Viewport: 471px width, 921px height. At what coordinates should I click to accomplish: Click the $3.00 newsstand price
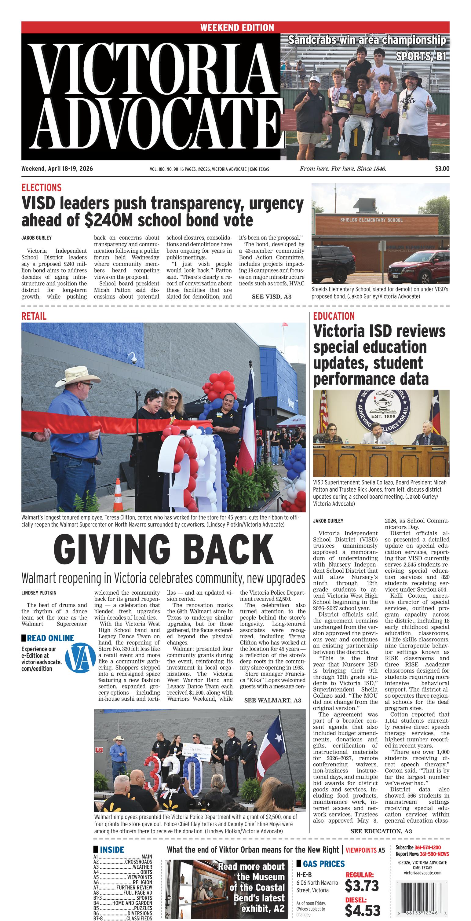[442, 169]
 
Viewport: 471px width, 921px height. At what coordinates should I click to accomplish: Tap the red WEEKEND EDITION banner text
[237, 28]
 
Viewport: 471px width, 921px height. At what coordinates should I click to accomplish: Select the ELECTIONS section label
[41, 187]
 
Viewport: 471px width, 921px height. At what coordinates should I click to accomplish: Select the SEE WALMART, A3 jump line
[272, 700]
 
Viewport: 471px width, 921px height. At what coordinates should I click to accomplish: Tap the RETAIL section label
[34, 316]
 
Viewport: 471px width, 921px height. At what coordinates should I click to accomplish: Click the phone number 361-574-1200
[427, 847]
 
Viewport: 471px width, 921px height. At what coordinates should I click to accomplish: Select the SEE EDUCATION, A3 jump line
[381, 831]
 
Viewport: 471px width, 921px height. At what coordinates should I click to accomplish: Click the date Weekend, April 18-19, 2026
[57, 169]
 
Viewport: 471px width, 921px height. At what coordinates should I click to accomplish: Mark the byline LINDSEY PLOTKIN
[38, 593]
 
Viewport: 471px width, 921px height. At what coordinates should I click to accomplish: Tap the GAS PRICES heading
[323, 864]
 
